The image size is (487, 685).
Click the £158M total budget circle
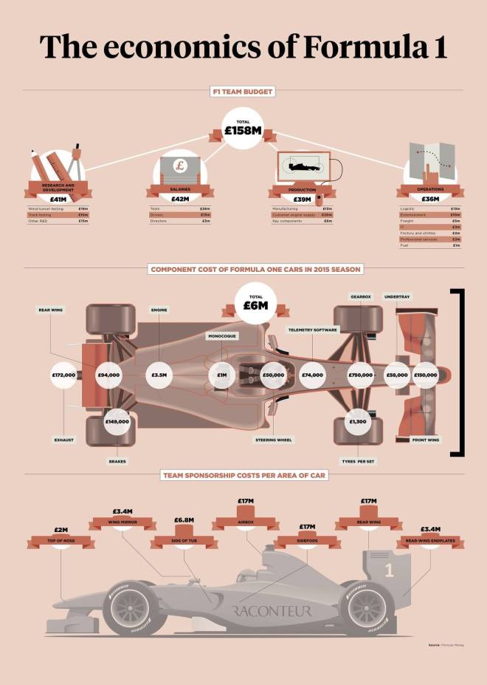point(243,129)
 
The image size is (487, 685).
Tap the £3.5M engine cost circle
point(159,375)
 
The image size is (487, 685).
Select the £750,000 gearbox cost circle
point(361,375)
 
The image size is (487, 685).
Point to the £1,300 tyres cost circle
point(358,421)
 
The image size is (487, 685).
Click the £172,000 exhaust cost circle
point(64,375)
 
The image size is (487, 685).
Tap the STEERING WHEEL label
point(274,439)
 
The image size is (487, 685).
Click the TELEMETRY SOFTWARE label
point(312,330)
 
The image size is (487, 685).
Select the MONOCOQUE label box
point(221,335)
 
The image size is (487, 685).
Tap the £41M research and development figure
point(58,199)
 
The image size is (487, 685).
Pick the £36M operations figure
point(429,199)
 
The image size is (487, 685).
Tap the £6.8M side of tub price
point(184,520)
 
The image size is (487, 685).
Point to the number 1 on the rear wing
point(390,570)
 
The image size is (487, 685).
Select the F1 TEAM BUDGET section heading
point(243,92)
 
